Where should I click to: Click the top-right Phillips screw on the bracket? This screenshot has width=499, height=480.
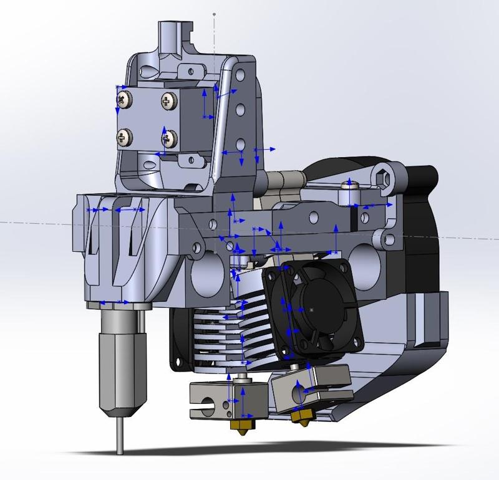click(168, 99)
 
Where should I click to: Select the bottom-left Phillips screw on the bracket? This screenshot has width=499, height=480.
click(127, 135)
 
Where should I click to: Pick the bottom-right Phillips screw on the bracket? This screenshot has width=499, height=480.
click(169, 137)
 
